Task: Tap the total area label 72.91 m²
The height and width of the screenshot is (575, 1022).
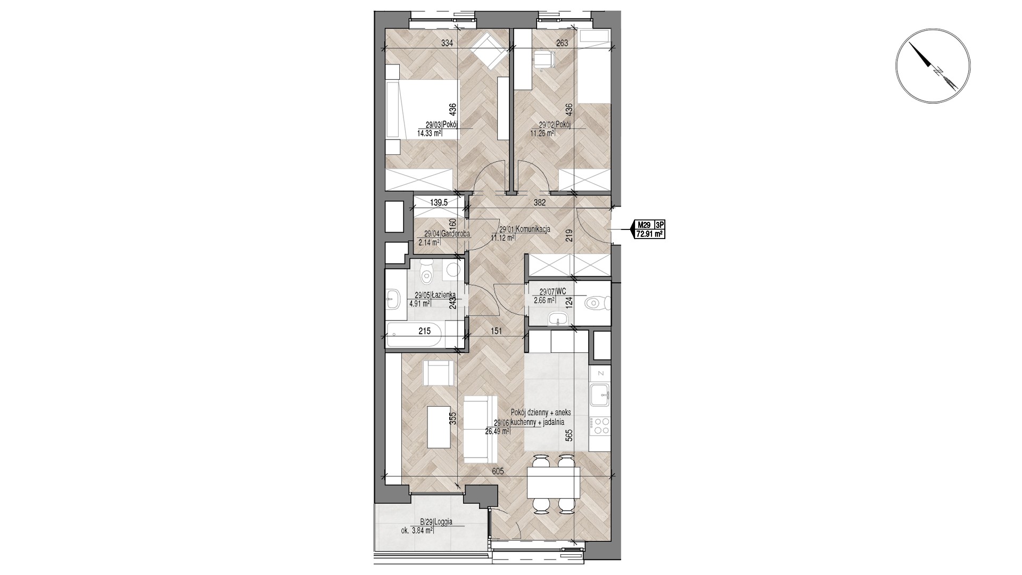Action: (650, 233)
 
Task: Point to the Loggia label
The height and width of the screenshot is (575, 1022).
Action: (443, 522)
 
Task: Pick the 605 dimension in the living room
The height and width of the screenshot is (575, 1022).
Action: (498, 471)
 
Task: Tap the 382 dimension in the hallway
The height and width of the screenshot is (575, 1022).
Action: (541, 202)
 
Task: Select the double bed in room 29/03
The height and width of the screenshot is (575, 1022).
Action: (422, 110)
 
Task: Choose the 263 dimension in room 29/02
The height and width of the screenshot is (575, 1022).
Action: (562, 43)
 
